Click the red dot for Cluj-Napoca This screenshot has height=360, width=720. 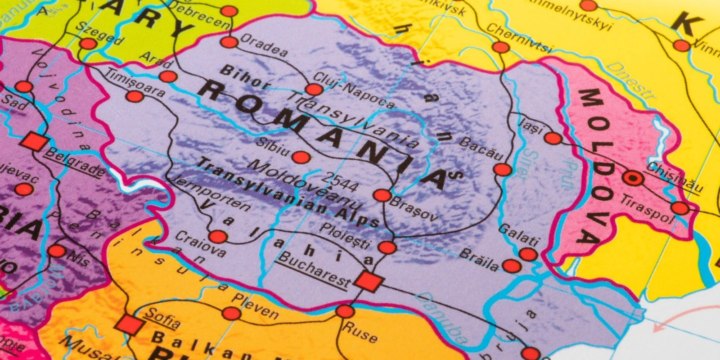click(314, 89)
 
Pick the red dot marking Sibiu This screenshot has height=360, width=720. click(301, 157)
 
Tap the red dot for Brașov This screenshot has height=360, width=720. click(382, 195)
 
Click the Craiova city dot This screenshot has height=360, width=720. click(218, 236)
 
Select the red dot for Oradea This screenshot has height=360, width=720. click(229, 43)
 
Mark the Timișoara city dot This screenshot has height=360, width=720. click(134, 96)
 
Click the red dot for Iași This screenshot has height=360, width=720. click(553, 138)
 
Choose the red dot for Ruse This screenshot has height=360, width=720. click(345, 311)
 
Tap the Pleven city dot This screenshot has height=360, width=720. click(231, 313)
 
